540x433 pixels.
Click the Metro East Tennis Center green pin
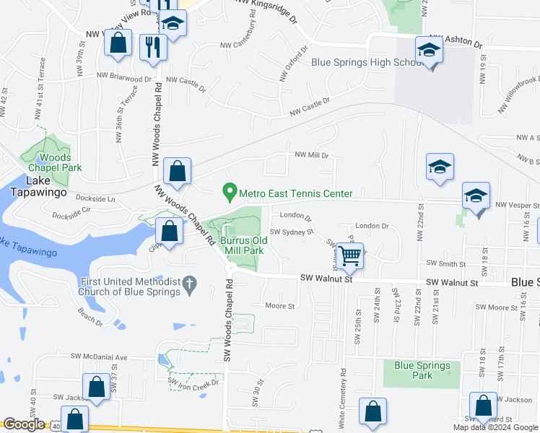[x=230, y=192]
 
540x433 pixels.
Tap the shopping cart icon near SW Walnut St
[x=349, y=255]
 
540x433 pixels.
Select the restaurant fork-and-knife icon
[x=152, y=46]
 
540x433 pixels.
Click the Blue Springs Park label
[x=423, y=370]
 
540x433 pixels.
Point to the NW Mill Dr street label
[x=311, y=154]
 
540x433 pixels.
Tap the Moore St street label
[x=281, y=306]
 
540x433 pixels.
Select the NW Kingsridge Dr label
[x=266, y=10]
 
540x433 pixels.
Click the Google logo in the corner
[x=23, y=425]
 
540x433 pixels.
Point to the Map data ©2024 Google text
[x=495, y=427]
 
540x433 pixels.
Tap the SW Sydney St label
[x=292, y=232]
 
